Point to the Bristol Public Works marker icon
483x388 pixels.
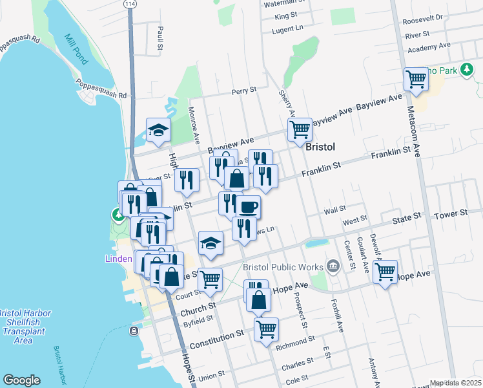click(333, 265)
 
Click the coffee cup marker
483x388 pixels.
click(248, 207)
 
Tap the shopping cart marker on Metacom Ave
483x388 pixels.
click(416, 80)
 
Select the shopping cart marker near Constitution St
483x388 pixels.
click(266, 329)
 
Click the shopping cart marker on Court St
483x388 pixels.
click(210, 279)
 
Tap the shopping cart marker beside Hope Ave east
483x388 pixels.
click(385, 272)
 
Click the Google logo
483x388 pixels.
click(21, 380)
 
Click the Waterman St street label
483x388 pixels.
click(280, 3)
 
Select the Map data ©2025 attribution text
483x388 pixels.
click(455, 383)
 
